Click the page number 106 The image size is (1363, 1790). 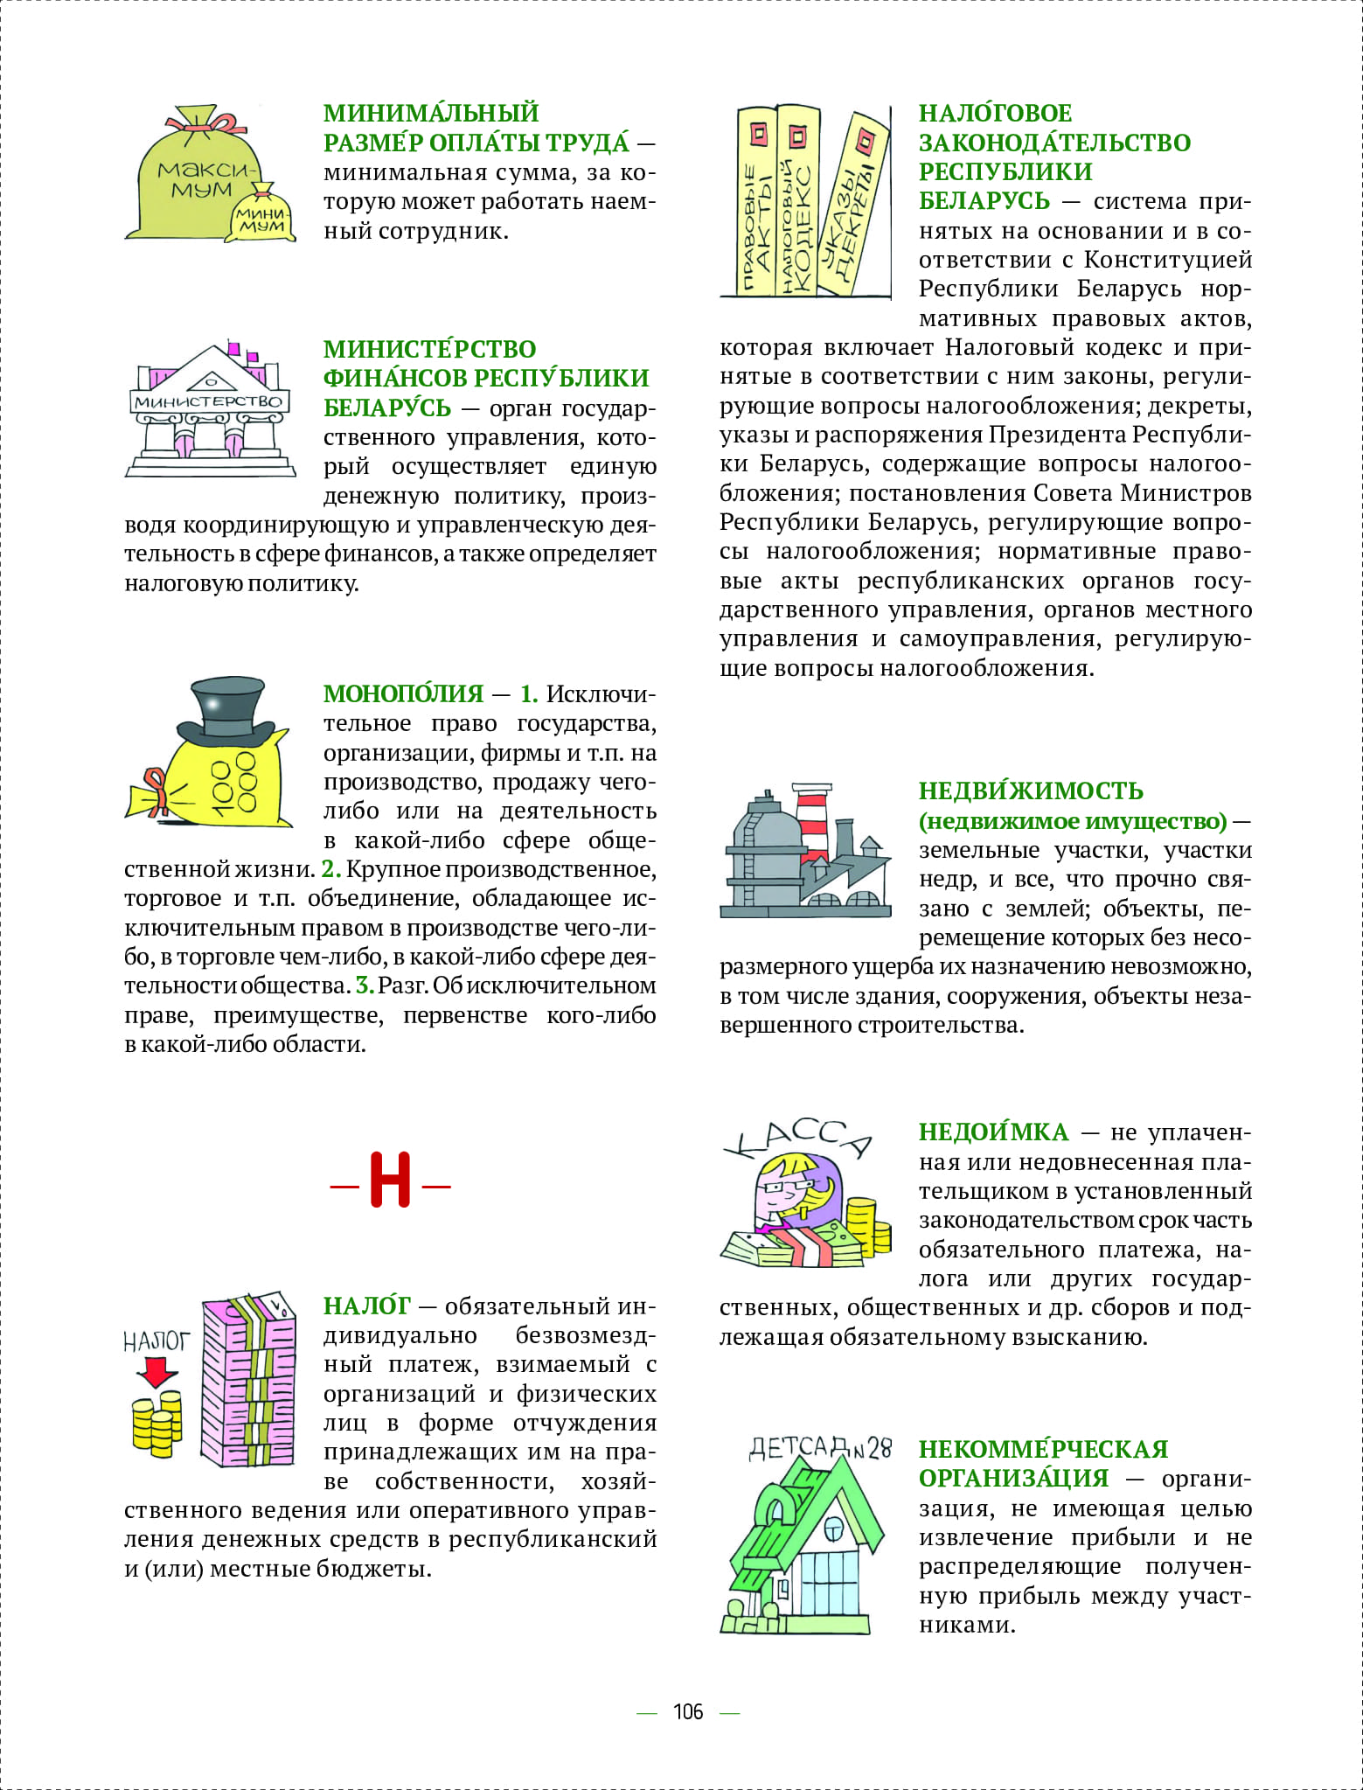[688, 1711]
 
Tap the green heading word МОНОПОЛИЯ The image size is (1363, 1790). [403, 693]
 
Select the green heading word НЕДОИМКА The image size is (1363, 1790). [993, 1132]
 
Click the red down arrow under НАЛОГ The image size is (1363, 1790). [157, 1370]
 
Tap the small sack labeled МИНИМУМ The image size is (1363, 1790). [261, 218]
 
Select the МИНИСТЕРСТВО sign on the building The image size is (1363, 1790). [209, 401]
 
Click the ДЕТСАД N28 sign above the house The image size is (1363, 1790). [819, 1449]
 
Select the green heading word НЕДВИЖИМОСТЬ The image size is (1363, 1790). [1031, 791]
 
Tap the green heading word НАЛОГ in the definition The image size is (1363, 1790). [366, 1306]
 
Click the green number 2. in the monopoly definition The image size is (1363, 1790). [330, 869]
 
